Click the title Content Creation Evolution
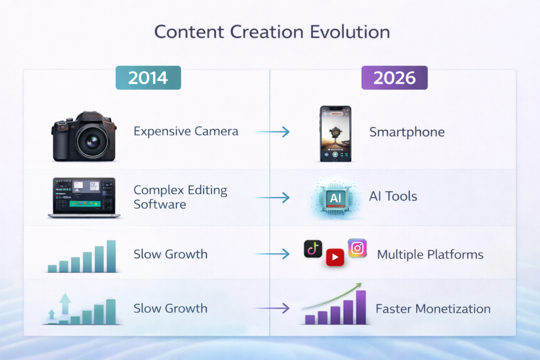coord(272,32)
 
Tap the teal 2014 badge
coord(148,78)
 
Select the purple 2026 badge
coord(394,78)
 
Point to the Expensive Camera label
coord(186,131)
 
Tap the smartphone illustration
coord(335,133)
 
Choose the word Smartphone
coord(407,132)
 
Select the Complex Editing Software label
coord(180,197)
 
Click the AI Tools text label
coord(393,197)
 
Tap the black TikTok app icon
coord(313,249)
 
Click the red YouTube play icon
coord(335,257)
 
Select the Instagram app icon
coord(357,248)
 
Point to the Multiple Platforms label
coord(430,255)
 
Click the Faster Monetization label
coord(433,309)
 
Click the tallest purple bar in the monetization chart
coord(361,307)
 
